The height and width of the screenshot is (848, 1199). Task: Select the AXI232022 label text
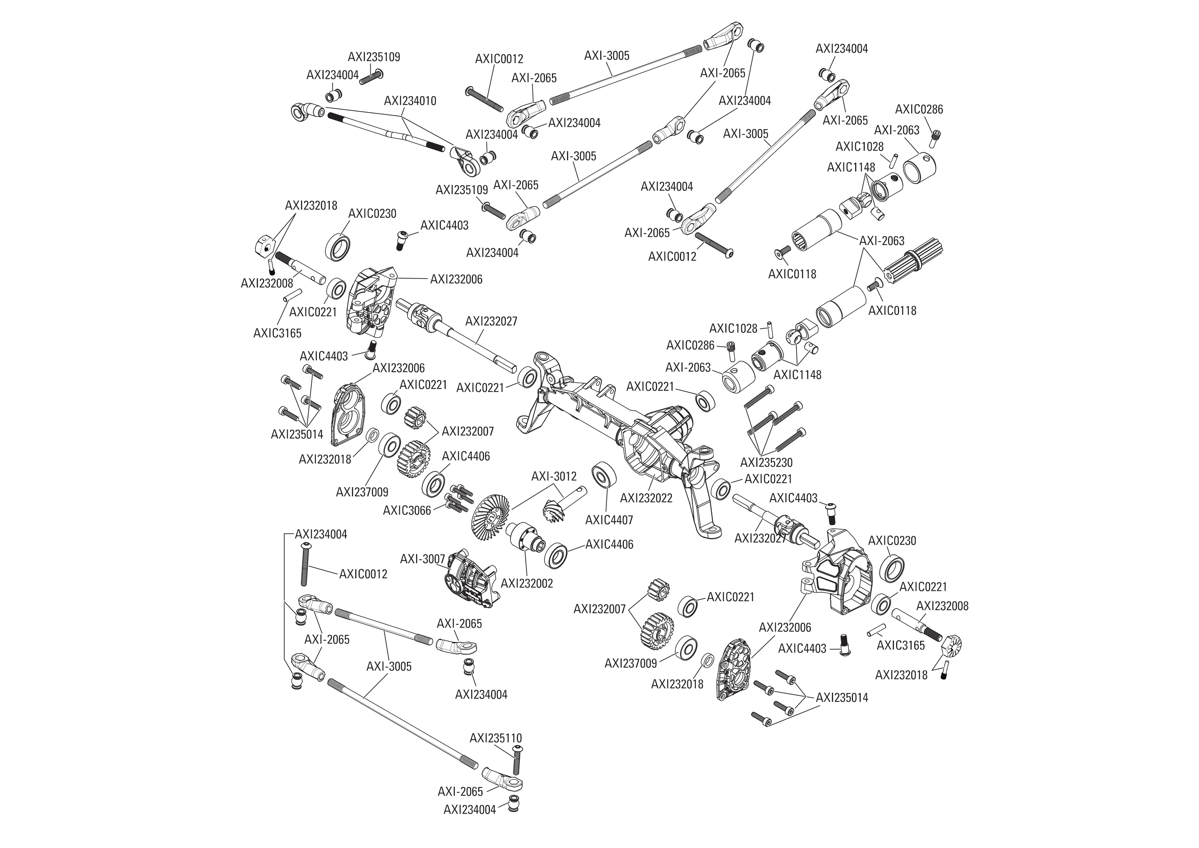point(646,498)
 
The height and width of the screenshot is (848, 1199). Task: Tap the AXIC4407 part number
point(609,520)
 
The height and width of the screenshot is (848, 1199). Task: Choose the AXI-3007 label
point(422,559)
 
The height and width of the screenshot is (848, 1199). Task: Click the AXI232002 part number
point(526,583)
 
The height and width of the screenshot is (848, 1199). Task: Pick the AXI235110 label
point(495,738)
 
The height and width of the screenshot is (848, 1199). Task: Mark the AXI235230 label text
point(766,462)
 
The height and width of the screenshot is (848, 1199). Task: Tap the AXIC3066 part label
point(407,510)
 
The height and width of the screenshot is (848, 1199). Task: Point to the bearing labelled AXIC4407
point(605,474)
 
